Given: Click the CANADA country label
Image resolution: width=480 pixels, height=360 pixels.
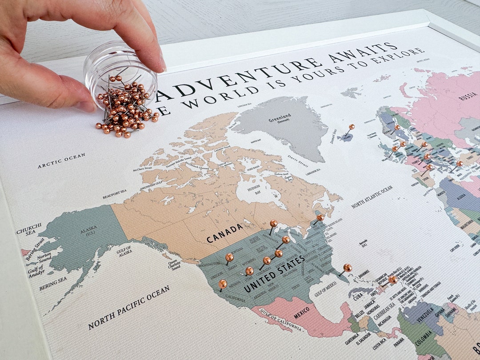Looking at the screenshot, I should (x=225, y=232).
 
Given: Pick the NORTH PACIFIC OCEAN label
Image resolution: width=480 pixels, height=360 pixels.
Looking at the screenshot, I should (x=128, y=307).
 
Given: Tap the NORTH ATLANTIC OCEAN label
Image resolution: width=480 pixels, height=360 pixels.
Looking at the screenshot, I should (x=372, y=197).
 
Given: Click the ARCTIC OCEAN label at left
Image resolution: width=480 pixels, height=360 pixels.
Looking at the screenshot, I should (x=61, y=160).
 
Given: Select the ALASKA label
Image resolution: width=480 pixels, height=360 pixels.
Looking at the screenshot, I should (x=88, y=231).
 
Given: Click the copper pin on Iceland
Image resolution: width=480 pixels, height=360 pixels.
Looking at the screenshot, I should (x=352, y=127).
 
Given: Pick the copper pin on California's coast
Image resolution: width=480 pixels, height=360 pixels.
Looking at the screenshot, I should (x=223, y=283).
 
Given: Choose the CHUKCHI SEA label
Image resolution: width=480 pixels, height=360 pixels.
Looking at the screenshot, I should (x=29, y=228).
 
